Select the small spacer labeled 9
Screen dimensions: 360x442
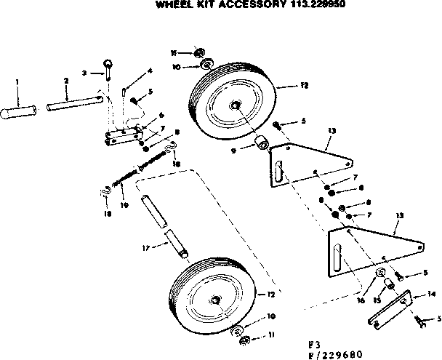click(x=258, y=140)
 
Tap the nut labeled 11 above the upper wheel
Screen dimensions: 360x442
click(x=201, y=53)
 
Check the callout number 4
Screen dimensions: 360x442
click(x=150, y=71)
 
